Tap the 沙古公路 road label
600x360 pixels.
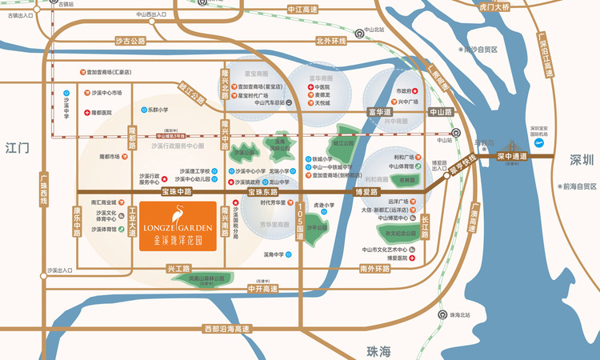coord(131,40)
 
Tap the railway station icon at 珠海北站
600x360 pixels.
coord(442,315)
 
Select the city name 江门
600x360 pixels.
coord(17,148)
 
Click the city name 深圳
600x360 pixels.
coord(582,160)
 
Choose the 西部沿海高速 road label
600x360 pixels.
coord(226,329)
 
